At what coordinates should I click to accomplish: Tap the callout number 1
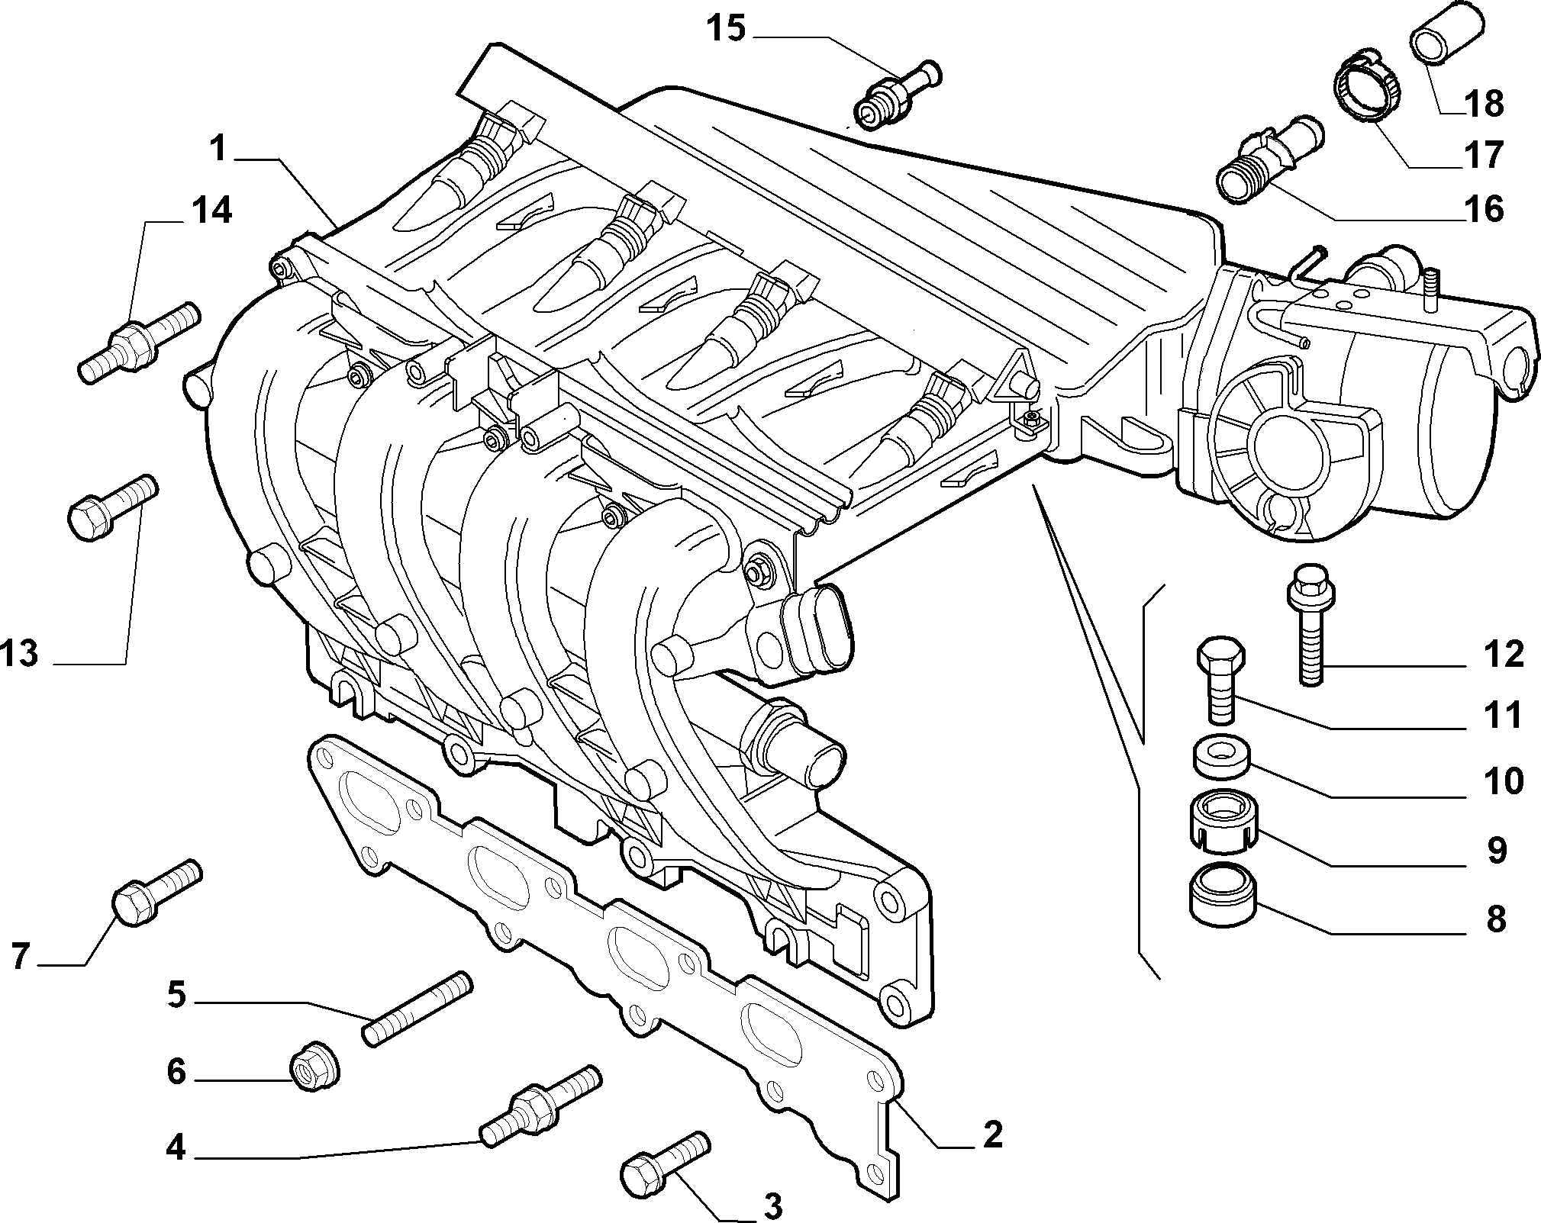click(x=219, y=148)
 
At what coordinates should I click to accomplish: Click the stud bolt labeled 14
click(x=138, y=343)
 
